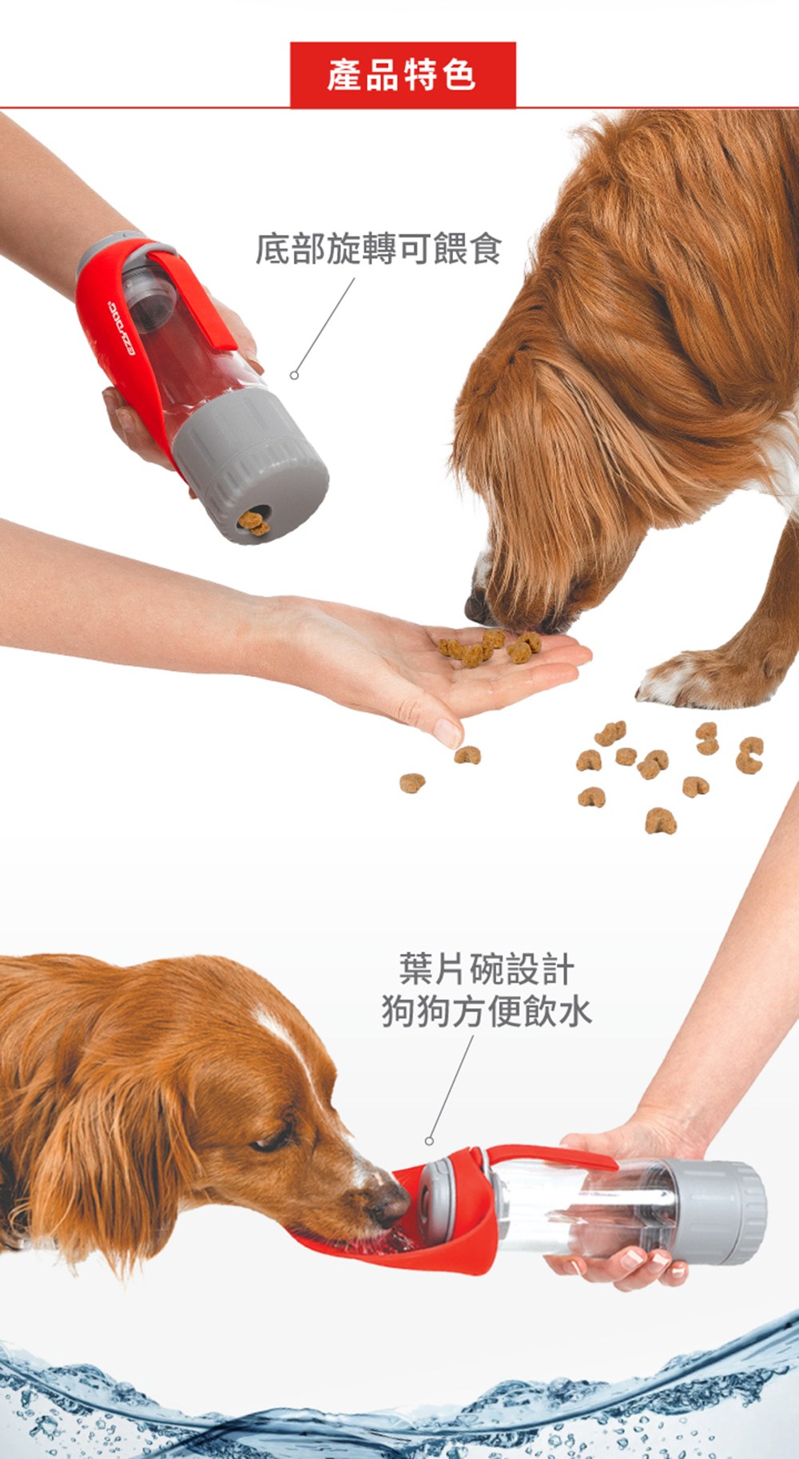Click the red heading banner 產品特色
click(x=403, y=75)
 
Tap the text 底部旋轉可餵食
click(x=379, y=248)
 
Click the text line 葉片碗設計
click(x=487, y=969)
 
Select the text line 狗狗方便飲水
click(x=487, y=1011)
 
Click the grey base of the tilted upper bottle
click(x=249, y=464)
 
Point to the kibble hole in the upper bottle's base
click(x=254, y=523)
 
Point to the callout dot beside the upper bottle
click(x=294, y=375)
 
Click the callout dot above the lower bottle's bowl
click(x=429, y=1141)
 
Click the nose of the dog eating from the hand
click(x=476, y=608)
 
